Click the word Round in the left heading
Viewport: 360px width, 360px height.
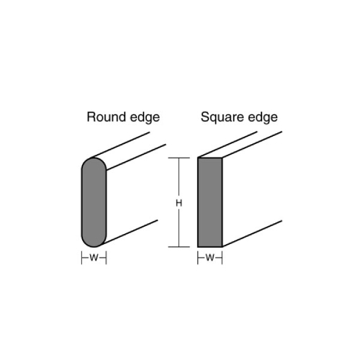coord(106,117)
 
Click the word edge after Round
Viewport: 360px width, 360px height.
coord(145,118)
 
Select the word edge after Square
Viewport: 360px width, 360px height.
coord(263,118)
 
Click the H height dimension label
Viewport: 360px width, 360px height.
coord(179,203)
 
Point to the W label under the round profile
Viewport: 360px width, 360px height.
coord(94,258)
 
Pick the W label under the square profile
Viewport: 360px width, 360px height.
coord(210,258)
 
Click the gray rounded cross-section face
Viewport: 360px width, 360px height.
coord(94,202)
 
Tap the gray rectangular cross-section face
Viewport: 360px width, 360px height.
coord(210,202)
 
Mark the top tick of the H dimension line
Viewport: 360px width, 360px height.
coord(179,158)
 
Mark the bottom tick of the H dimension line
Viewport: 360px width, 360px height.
coord(179,247)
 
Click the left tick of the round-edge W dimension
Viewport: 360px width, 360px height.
coord(82,258)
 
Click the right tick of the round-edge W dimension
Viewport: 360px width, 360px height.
coord(106,258)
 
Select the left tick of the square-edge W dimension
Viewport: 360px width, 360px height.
coord(198,258)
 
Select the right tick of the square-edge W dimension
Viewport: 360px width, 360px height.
coord(222,258)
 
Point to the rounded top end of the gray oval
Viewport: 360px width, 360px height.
coord(94,158)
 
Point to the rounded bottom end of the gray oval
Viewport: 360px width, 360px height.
coord(94,246)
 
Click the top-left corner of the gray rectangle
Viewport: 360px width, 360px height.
coord(198,158)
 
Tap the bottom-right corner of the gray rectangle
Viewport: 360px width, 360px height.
coord(222,246)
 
